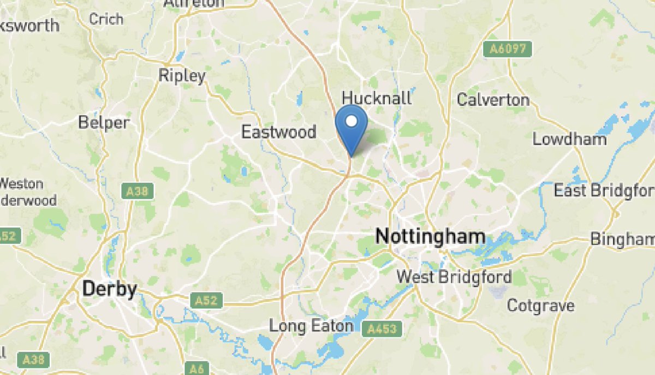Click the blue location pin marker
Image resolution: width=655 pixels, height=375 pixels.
pyautogui.click(x=352, y=128)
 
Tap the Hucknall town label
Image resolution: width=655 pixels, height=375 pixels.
pyautogui.click(x=377, y=98)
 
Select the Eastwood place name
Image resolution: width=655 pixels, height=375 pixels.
pyautogui.click(x=279, y=132)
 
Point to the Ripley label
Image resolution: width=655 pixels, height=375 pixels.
pyautogui.click(x=182, y=76)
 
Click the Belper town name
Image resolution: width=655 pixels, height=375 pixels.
pyautogui.click(x=104, y=123)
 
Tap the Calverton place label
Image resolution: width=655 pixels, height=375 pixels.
pyautogui.click(x=493, y=100)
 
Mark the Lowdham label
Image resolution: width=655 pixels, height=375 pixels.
pyautogui.click(x=569, y=139)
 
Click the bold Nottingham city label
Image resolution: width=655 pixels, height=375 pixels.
pyautogui.click(x=430, y=236)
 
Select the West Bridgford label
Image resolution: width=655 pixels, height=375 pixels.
pyautogui.click(x=454, y=277)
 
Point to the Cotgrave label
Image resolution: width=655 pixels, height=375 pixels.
pyautogui.click(x=540, y=306)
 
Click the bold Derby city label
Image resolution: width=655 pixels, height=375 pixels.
pyautogui.click(x=109, y=289)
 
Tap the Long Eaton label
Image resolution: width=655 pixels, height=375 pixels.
pyautogui.click(x=311, y=326)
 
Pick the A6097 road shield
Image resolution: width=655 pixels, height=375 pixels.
pyautogui.click(x=508, y=49)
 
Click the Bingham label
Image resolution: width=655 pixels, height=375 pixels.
pyautogui.click(x=623, y=239)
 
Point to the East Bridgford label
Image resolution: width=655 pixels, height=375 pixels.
pyautogui.click(x=604, y=191)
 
